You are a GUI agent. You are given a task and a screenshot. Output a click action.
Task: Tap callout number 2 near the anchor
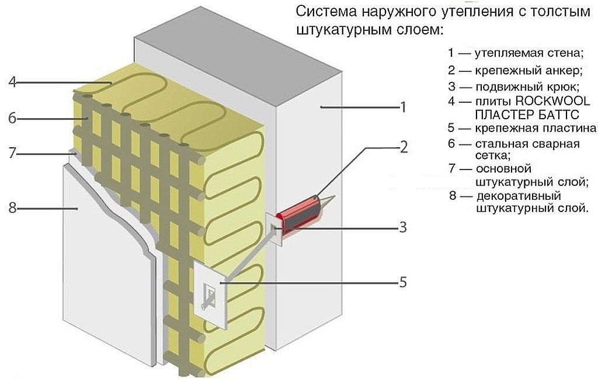coord(402,147)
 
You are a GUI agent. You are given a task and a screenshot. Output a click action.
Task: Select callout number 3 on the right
coord(402,227)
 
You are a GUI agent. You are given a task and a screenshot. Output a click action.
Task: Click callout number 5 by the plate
coord(402,282)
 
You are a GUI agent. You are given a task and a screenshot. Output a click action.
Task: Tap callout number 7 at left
coord(12,154)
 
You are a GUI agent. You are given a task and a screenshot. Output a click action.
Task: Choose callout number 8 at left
coord(12,207)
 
